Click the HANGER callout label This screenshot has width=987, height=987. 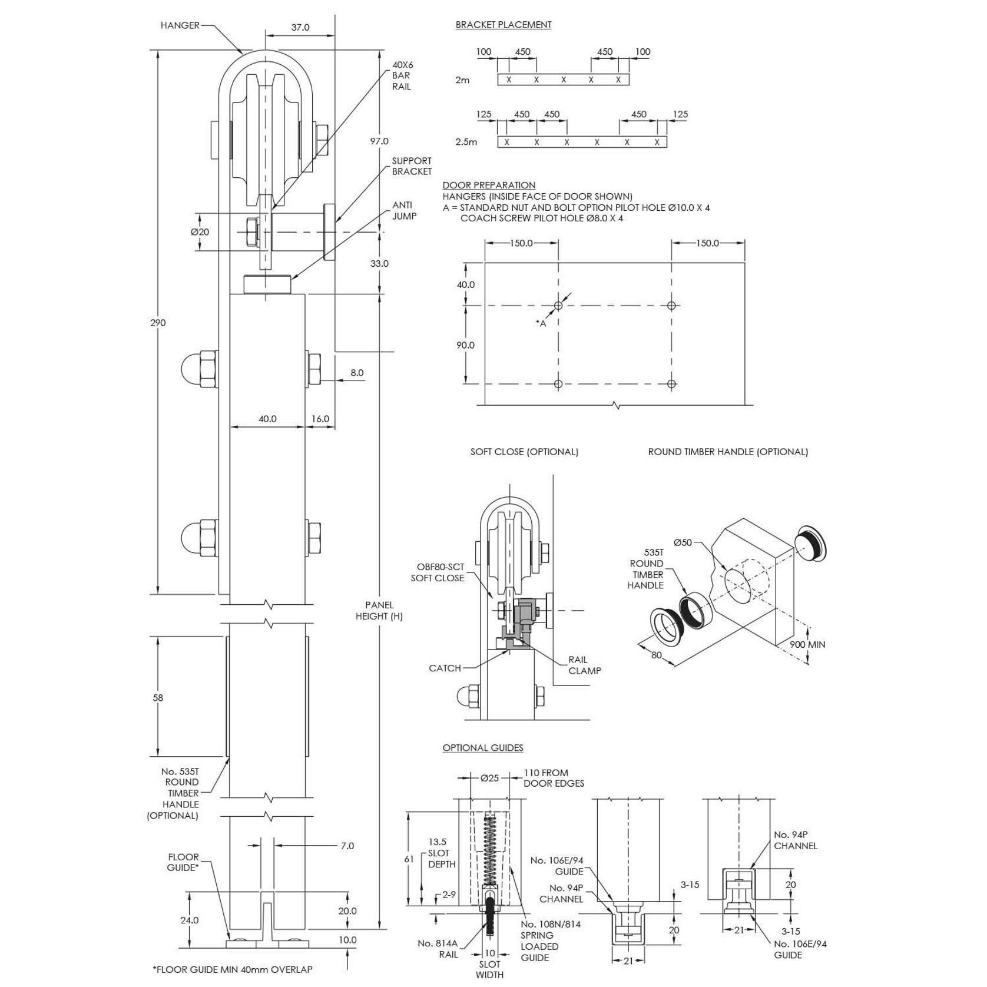coord(180,25)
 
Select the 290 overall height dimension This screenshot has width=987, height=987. coord(158,323)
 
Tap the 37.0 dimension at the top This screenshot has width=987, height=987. coord(300,27)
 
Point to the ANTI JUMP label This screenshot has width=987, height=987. coord(404,211)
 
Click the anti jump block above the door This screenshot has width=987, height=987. coord(268,284)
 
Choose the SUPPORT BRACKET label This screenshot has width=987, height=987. coord(412,166)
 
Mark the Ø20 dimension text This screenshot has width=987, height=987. coord(200,232)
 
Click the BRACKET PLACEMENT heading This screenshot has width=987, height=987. coord(503,25)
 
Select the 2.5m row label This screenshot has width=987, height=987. coord(466,142)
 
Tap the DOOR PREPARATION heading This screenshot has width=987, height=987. coord(489,185)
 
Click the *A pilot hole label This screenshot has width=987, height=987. coord(541,323)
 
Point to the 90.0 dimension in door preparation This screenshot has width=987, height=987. coord(465,345)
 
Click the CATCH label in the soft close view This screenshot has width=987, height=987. coord(445,668)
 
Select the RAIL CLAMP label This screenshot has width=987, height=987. coord(584,665)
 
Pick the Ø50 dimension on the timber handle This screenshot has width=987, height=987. coord(683,542)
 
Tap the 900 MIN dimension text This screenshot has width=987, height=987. coord(807,644)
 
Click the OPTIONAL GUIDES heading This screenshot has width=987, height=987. coord(482,748)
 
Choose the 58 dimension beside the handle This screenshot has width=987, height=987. coord(158,698)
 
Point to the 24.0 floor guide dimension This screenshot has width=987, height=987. coord(189,920)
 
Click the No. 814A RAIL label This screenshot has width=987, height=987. coord(438,949)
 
